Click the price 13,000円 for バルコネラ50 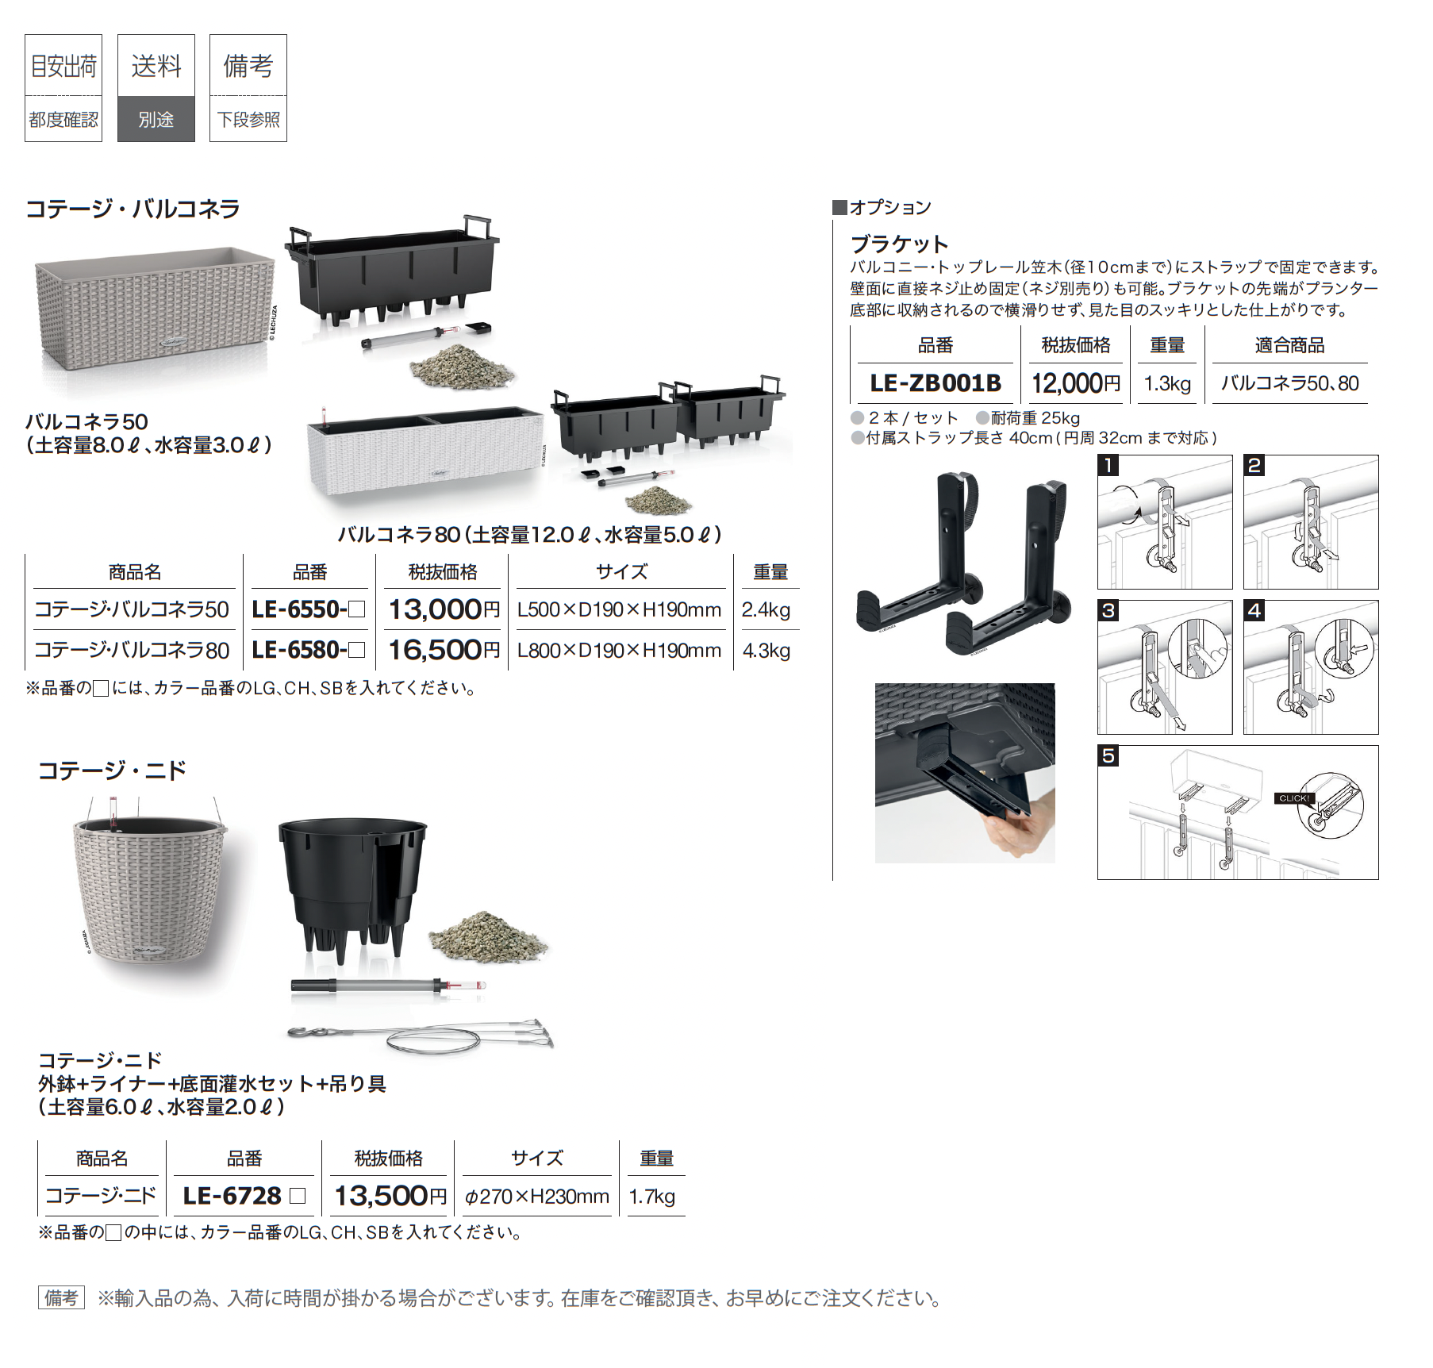pyautogui.click(x=444, y=609)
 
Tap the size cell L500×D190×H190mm pyautogui.click(x=619, y=609)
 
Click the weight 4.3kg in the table pyautogui.click(x=766, y=651)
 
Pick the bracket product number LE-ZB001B pyautogui.click(x=935, y=383)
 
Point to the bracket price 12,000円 pyautogui.click(x=1075, y=383)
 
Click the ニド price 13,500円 pyautogui.click(x=390, y=1195)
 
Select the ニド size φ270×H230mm pyautogui.click(x=536, y=1196)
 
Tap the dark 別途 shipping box pyautogui.click(x=156, y=119)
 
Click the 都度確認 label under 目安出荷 pyautogui.click(x=63, y=120)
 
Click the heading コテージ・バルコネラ pyautogui.click(x=133, y=209)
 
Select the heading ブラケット pyautogui.click(x=899, y=243)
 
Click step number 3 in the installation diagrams pyautogui.click(x=1108, y=611)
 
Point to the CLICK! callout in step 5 pyautogui.click(x=1294, y=798)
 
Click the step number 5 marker pyautogui.click(x=1108, y=756)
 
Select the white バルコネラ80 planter pyautogui.click(x=426, y=451)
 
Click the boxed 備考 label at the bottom pyautogui.click(x=61, y=1298)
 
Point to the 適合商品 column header pyautogui.click(x=1289, y=345)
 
